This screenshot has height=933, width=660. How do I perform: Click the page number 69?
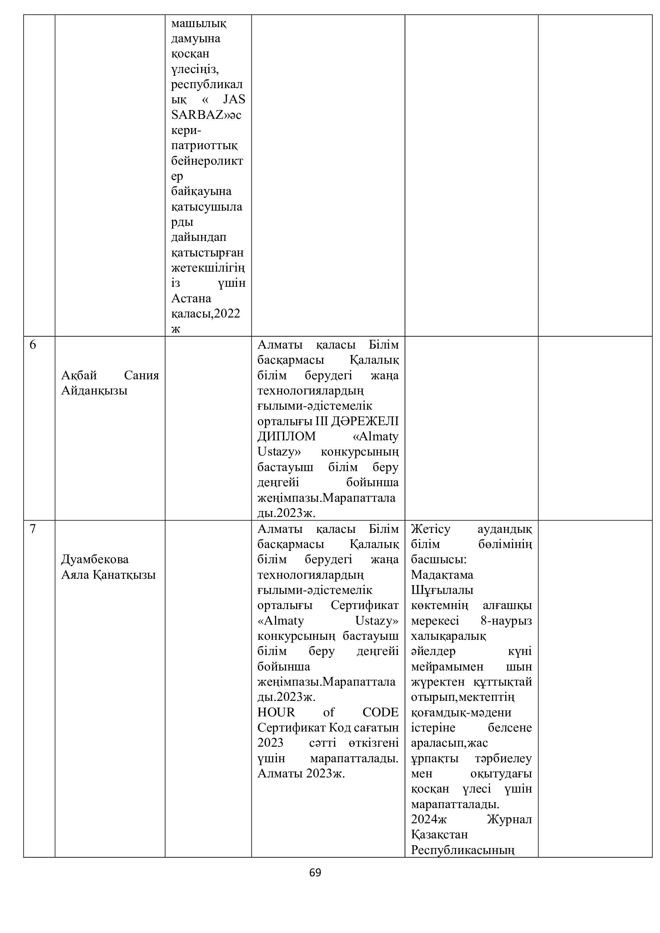(315, 872)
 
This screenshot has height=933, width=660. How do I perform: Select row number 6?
(33, 345)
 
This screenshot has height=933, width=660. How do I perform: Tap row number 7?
(33, 529)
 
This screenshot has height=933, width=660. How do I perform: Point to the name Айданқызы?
(94, 391)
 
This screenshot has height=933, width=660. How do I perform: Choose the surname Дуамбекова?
(95, 559)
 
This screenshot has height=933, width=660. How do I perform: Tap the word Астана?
(191, 299)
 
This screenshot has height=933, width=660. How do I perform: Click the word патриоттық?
(204, 146)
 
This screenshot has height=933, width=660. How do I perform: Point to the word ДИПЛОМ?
(286, 436)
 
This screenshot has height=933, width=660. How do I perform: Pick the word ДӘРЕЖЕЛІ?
(365, 421)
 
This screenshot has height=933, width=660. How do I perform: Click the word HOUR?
(276, 712)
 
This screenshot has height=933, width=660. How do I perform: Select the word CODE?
(380, 712)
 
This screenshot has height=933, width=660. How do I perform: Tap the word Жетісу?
(431, 529)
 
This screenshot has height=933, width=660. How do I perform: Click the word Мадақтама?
(442, 574)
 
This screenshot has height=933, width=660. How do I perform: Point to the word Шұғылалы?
(442, 590)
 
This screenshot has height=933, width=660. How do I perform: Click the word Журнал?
(509, 819)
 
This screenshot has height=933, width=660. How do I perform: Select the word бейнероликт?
(207, 161)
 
